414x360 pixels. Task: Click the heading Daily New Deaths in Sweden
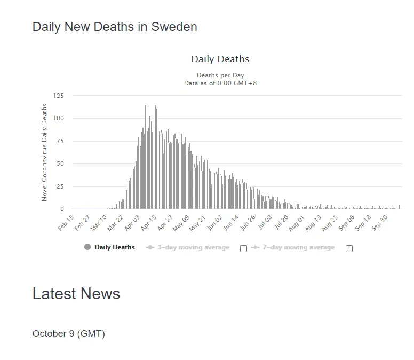(115, 27)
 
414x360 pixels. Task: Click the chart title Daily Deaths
(220, 59)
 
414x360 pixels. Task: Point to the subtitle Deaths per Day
(220, 75)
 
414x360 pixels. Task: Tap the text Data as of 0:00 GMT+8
(220, 83)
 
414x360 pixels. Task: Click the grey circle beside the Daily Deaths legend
(87, 247)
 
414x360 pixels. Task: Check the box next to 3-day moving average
(243, 248)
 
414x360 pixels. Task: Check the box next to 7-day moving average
(349, 248)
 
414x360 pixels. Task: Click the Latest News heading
(76, 293)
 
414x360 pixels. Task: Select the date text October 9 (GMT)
(69, 334)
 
